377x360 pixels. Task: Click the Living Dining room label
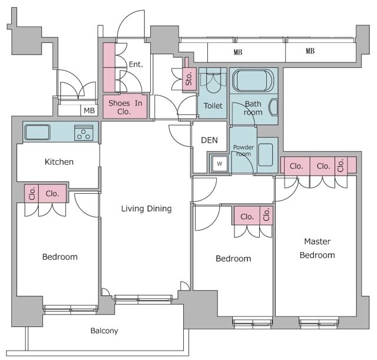click(147, 209)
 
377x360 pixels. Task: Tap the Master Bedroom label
click(317, 248)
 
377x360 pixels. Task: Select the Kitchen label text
click(59, 162)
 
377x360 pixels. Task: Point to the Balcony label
click(104, 331)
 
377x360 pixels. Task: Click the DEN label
click(209, 140)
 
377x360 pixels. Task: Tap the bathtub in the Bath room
click(253, 81)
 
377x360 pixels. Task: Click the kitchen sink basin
click(38, 132)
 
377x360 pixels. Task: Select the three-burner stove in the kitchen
click(84, 133)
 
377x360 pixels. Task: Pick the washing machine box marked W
click(220, 164)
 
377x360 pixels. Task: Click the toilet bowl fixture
click(213, 81)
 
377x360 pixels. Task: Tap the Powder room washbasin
click(266, 155)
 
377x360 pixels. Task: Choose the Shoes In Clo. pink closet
click(125, 107)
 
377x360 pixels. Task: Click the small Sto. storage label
click(189, 78)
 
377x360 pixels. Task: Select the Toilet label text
click(213, 105)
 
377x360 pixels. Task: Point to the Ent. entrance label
click(136, 64)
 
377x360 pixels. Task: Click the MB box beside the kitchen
click(89, 110)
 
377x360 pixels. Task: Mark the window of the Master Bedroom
click(319, 322)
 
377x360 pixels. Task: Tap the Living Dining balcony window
click(143, 299)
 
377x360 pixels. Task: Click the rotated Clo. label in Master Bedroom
click(340, 165)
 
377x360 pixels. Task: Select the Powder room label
click(243, 150)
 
